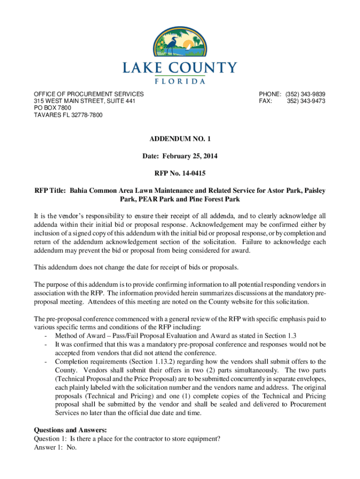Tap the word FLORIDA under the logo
point(180,81)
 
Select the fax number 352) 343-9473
point(306,101)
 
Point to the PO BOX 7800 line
point(52,108)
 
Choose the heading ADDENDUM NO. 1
point(180,139)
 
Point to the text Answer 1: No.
point(55,447)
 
